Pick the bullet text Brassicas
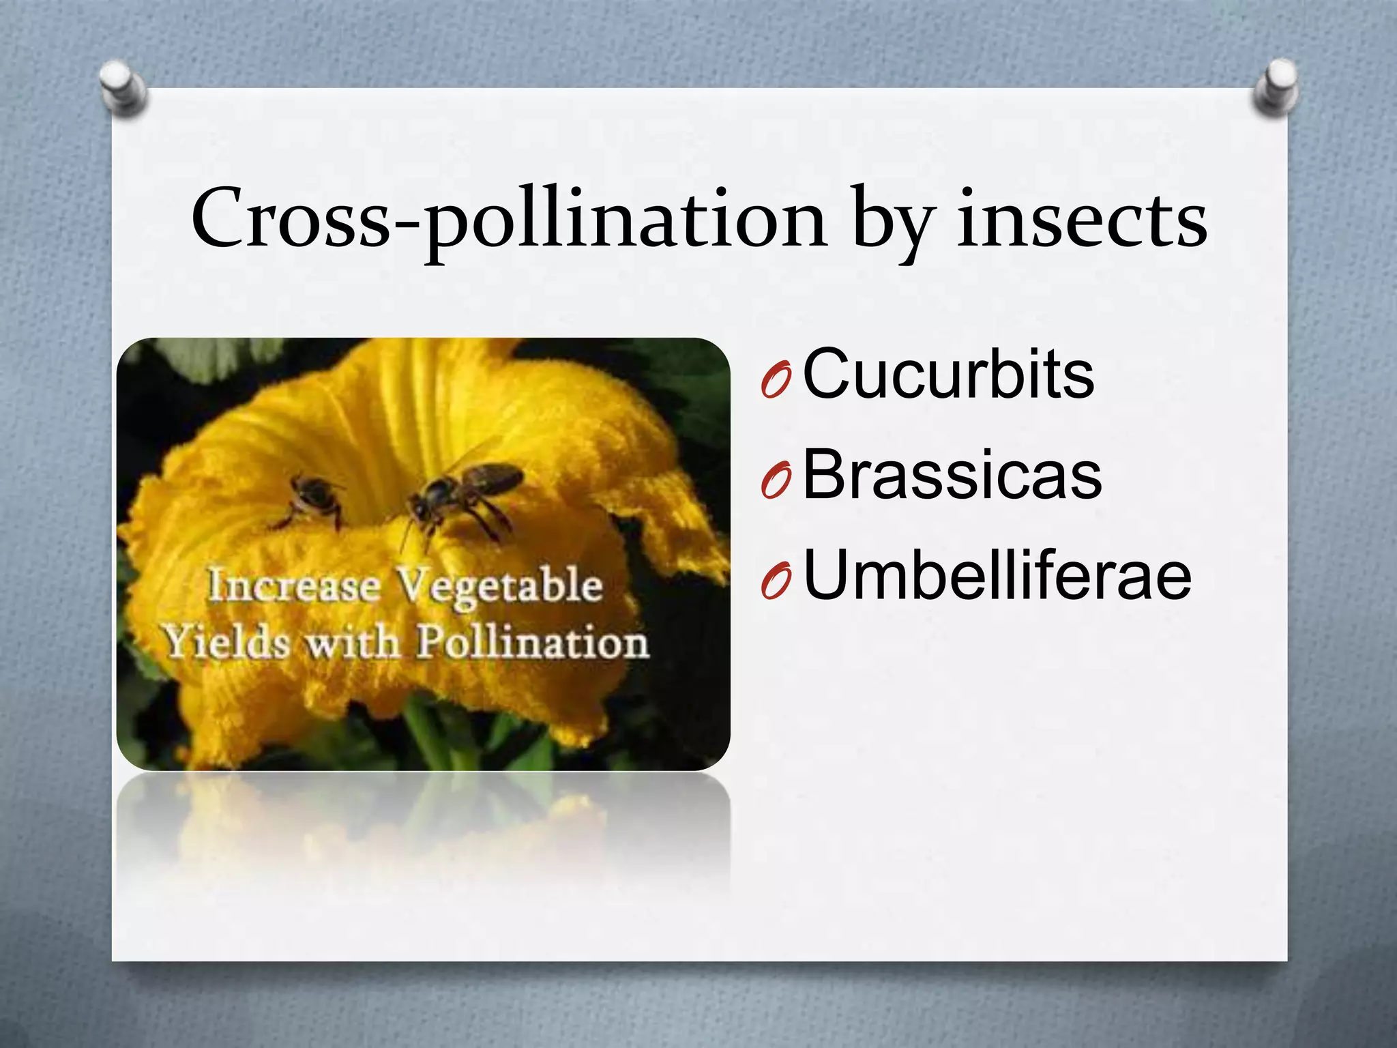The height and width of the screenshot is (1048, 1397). pos(952,475)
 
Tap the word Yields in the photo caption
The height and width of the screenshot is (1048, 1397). pos(225,643)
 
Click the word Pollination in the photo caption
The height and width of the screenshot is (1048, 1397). pos(532,643)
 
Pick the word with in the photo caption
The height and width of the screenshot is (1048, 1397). pos(351,643)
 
